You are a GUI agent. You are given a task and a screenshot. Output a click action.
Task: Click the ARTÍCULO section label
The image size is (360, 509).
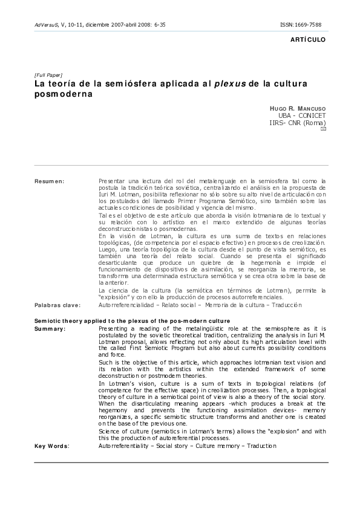coord(309,39)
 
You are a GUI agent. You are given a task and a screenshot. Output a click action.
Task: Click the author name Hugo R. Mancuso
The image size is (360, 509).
coord(297,108)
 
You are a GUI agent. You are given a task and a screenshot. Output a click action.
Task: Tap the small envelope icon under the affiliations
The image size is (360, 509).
coord(322,130)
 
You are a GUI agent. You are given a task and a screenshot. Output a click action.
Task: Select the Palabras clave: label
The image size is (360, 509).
coord(57,306)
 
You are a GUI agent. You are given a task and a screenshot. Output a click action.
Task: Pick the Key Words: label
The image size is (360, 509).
coord(51,446)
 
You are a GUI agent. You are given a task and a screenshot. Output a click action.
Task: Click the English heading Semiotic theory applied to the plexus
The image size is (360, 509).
coord(133,320)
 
